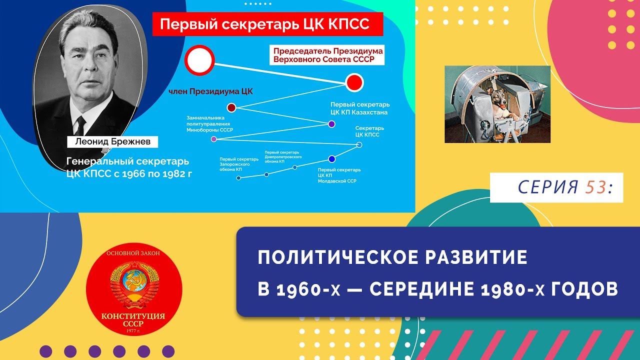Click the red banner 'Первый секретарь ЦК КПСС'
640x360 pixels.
click(267, 24)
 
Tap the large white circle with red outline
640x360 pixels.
click(199, 60)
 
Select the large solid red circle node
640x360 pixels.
click(354, 82)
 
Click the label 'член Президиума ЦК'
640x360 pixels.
click(210, 91)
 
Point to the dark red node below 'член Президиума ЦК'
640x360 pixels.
click(231, 107)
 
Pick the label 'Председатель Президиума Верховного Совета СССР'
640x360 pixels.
click(328, 55)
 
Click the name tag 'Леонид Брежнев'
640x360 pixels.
click(112, 141)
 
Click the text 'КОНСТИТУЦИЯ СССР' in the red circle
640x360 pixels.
click(133, 320)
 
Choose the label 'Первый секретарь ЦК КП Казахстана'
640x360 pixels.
click(360, 108)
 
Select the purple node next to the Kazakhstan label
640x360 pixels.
click(331, 124)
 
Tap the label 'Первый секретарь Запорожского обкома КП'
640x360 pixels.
click(239, 164)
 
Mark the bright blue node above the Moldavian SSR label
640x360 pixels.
click(331, 159)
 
